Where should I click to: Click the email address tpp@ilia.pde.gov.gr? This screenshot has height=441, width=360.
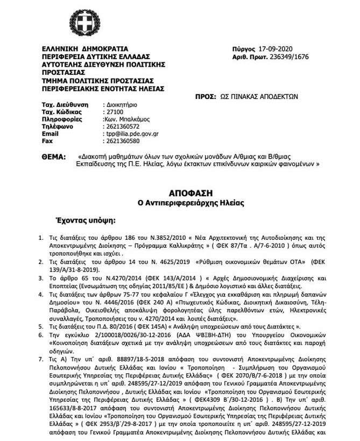[131, 133]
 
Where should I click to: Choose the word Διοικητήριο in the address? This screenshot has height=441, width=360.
[120, 103]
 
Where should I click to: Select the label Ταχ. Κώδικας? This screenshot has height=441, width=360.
[61, 111]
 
